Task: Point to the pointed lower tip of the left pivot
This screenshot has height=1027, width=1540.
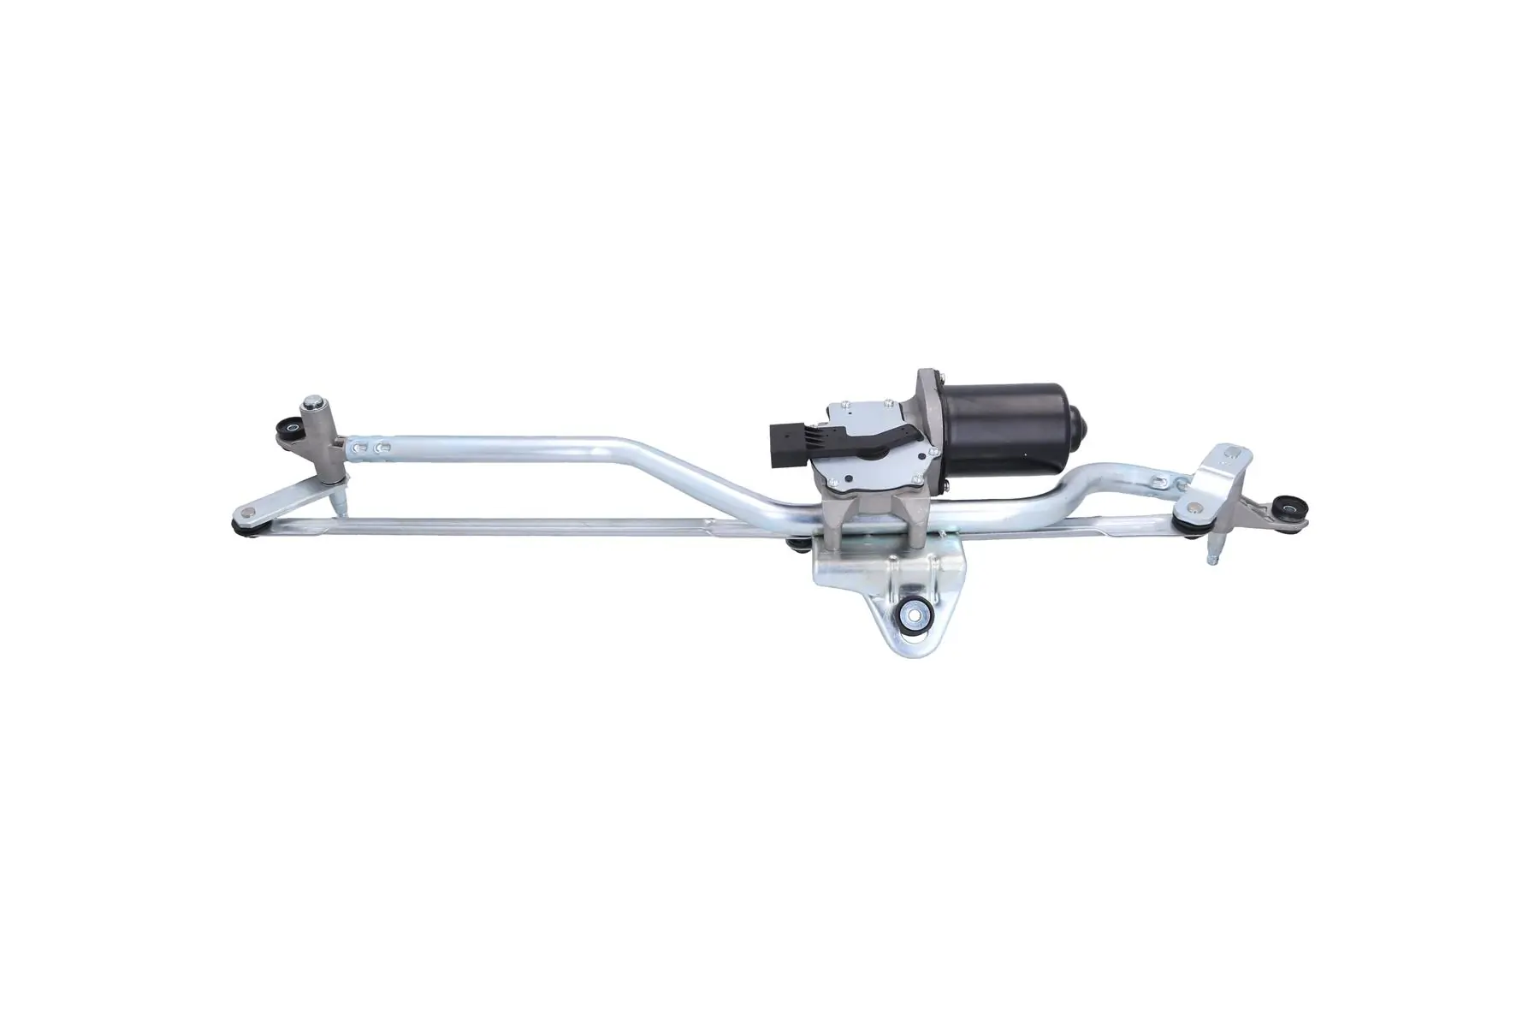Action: (x=340, y=511)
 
